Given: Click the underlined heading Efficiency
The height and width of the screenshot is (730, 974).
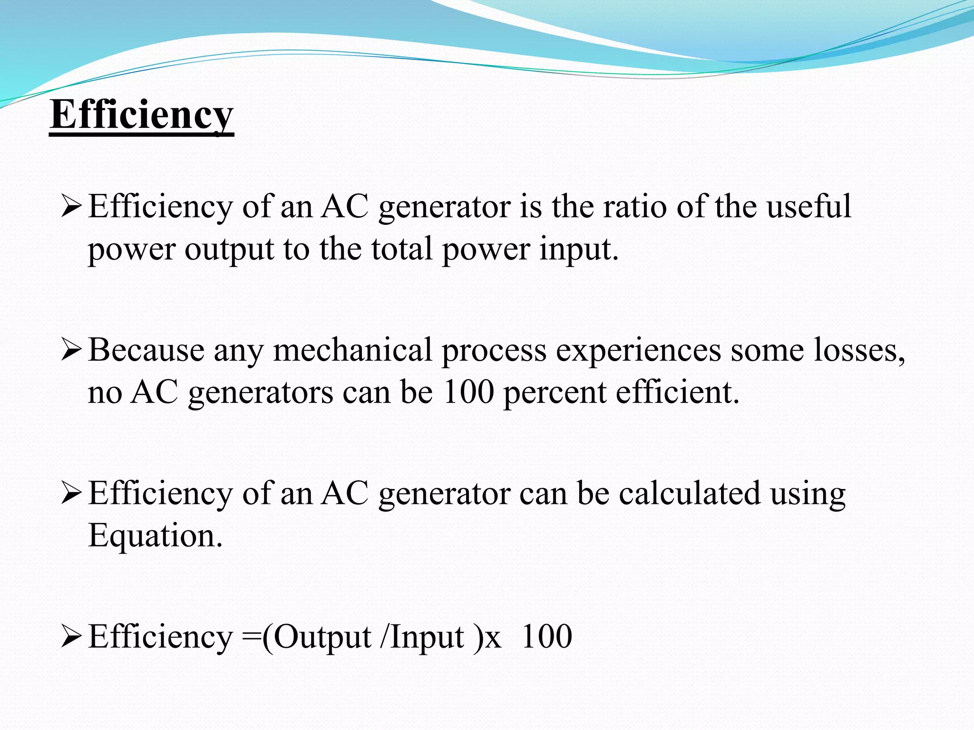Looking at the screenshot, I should point(141,115).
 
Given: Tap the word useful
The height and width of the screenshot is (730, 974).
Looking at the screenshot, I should point(808,207).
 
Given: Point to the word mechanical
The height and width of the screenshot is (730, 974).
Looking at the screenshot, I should point(352,350).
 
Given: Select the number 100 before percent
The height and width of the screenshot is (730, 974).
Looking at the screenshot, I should point(468,393).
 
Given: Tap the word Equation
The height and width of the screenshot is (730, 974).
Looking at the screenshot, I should point(155,536).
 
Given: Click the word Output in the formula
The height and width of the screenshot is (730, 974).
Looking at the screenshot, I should point(322,637).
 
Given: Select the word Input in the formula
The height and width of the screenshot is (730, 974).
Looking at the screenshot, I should point(427,638).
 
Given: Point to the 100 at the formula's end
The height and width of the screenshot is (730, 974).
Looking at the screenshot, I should point(547,637).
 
